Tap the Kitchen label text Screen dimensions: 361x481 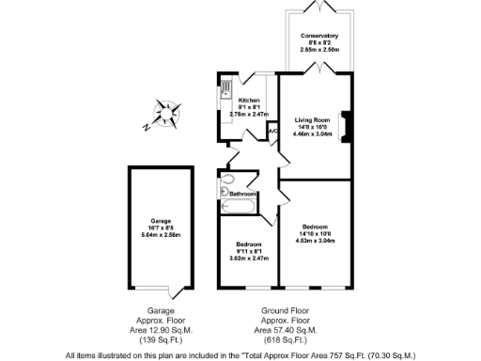[x=249, y=101]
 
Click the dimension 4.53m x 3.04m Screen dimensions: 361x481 [x=315, y=241]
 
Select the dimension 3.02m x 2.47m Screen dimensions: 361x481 [x=250, y=259]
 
